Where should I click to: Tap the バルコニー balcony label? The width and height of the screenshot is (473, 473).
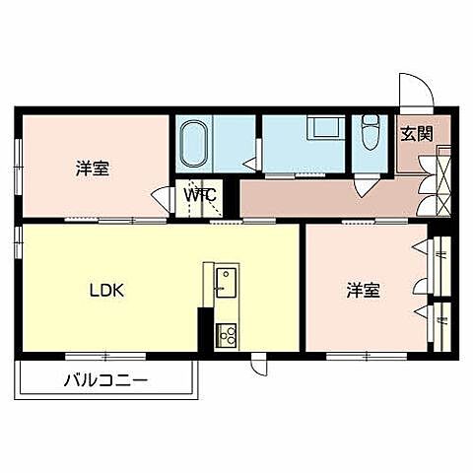pyautogui.click(x=105, y=378)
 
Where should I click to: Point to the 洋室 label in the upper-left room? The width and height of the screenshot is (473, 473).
pyautogui.click(x=92, y=169)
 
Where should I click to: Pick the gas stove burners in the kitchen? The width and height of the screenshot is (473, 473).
pyautogui.click(x=229, y=335)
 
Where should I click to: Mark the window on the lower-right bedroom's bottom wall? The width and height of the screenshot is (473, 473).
pyautogui.click(x=360, y=354)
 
